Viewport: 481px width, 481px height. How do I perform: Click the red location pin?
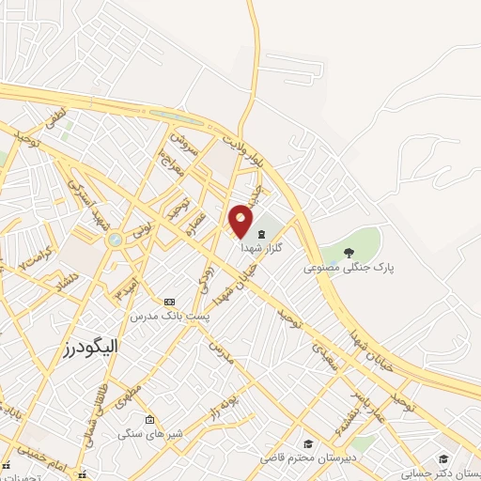coord(241,220)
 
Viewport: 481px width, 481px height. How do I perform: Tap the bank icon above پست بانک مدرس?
coord(169,302)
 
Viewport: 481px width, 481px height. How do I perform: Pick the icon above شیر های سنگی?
coord(149,419)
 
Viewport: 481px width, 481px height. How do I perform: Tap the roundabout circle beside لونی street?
coord(115,240)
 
